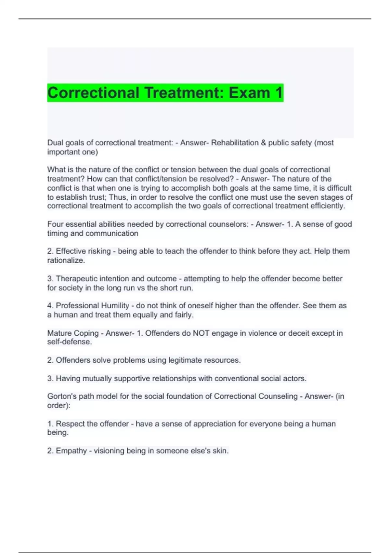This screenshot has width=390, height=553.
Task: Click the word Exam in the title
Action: (x=249, y=93)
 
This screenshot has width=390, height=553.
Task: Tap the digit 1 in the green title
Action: (x=279, y=93)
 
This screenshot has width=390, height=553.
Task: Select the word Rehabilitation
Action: (x=235, y=143)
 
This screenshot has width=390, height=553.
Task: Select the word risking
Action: (x=97, y=251)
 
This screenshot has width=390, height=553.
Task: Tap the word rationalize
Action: (x=66, y=260)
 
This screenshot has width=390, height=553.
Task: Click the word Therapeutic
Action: (x=76, y=279)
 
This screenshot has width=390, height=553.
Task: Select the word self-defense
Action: (x=70, y=342)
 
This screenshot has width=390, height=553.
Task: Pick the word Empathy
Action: (x=71, y=451)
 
